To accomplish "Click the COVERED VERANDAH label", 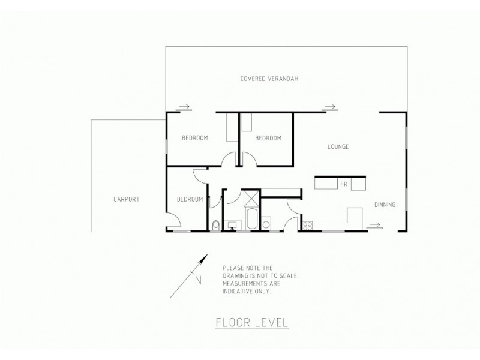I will pos(269,79).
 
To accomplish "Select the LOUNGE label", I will pos(338,146).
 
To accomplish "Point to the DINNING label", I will pos(385,205).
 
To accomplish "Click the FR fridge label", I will pos(343,184).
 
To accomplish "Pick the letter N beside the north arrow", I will pos(198,279).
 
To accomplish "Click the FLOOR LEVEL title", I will pos(251,322).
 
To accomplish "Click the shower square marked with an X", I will pos(250,197).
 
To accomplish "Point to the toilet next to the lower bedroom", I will pos(216,225).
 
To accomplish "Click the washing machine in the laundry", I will pos(266,224).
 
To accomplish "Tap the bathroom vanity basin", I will pos(233,226).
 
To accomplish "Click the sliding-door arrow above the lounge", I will pos(328,107).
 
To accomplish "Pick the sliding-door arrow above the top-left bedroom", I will pos(184,107).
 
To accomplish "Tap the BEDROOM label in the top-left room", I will pos(194,138).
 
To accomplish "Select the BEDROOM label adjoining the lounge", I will pos(268,138).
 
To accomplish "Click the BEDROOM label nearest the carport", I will pos(190,199).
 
